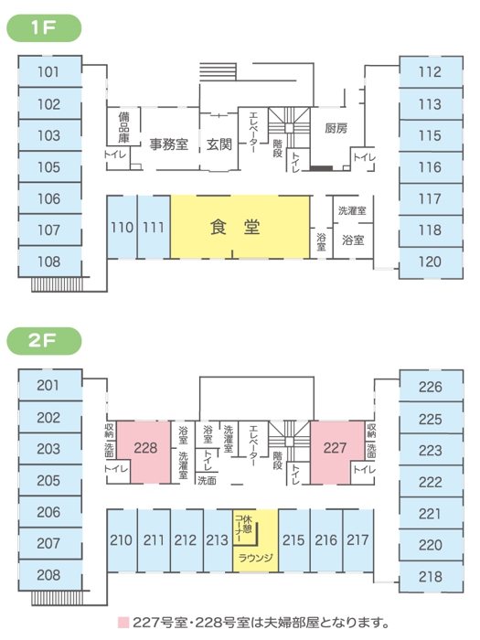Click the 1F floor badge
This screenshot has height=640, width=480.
click(44, 27)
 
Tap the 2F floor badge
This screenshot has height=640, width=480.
click(44, 341)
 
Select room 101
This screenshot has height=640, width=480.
click(50, 71)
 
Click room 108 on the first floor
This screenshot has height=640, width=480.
click(50, 261)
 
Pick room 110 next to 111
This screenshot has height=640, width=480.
click(122, 227)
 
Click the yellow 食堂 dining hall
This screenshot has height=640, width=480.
click(240, 227)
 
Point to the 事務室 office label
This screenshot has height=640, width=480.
click(168, 144)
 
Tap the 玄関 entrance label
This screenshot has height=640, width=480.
click(219, 144)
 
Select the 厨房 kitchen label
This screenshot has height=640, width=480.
click(336, 128)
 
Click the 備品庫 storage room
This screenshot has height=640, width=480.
click(123, 126)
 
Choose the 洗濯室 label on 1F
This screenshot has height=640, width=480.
click(352, 210)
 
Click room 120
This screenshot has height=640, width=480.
click(431, 262)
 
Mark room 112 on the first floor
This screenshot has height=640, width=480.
click(431, 72)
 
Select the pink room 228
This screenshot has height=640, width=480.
click(144, 453)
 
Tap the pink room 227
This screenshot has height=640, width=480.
click(336, 453)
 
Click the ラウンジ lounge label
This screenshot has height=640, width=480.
click(255, 558)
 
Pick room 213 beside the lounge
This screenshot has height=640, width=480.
click(218, 540)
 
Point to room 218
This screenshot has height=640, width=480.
click(431, 577)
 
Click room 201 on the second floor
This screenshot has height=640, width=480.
click(50, 385)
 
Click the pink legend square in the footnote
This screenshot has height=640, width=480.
click(123, 623)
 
